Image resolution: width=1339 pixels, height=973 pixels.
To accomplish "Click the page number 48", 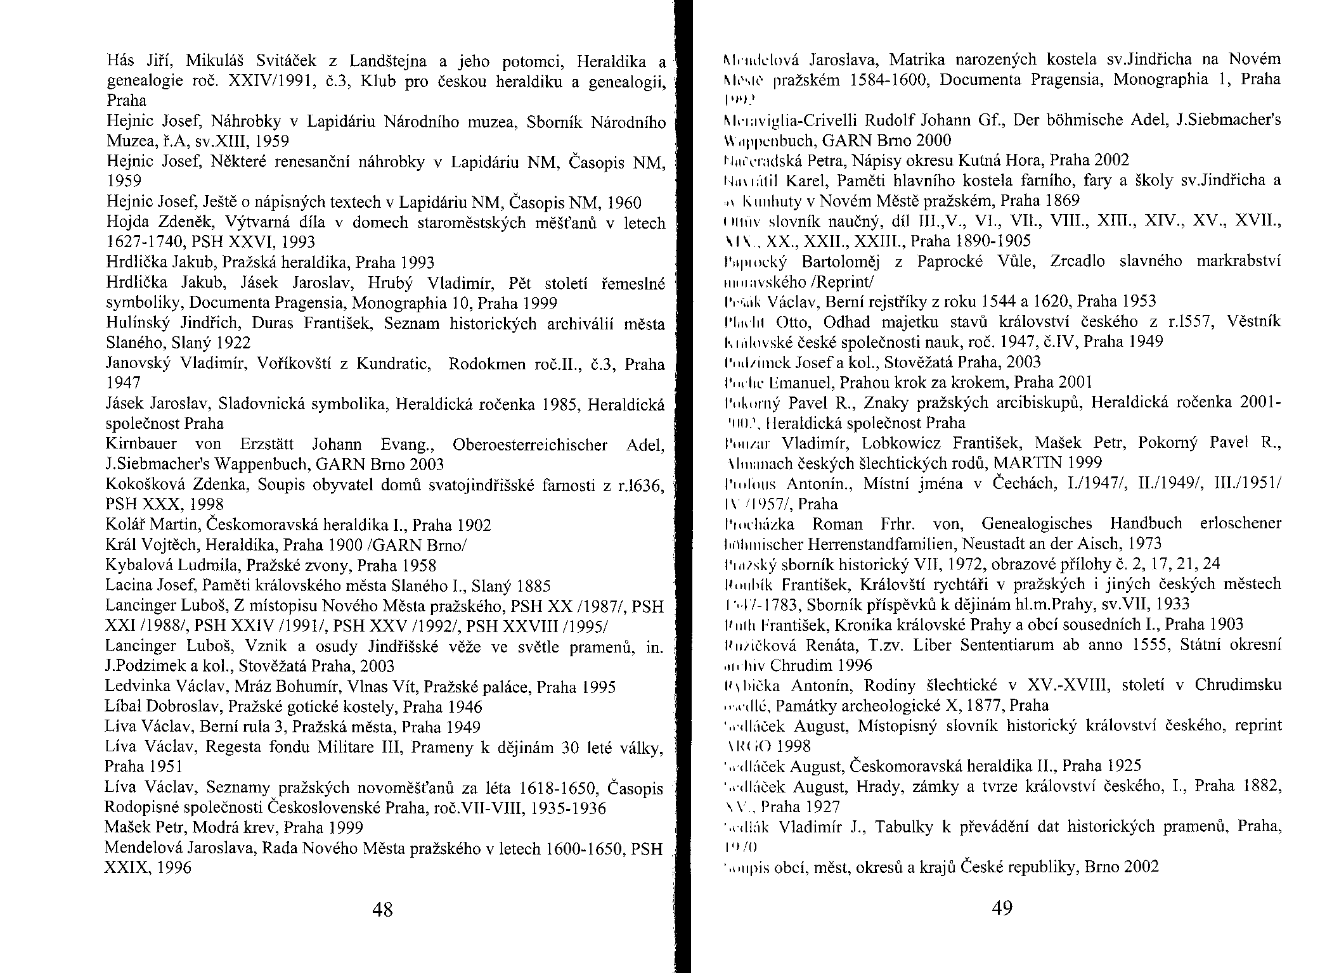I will click(x=383, y=910).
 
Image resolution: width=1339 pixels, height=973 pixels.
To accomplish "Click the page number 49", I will click(x=1002, y=908).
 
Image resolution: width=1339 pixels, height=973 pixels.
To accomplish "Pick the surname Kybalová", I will click(x=143, y=565).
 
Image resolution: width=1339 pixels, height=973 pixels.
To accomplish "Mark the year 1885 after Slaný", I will click(x=534, y=585).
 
